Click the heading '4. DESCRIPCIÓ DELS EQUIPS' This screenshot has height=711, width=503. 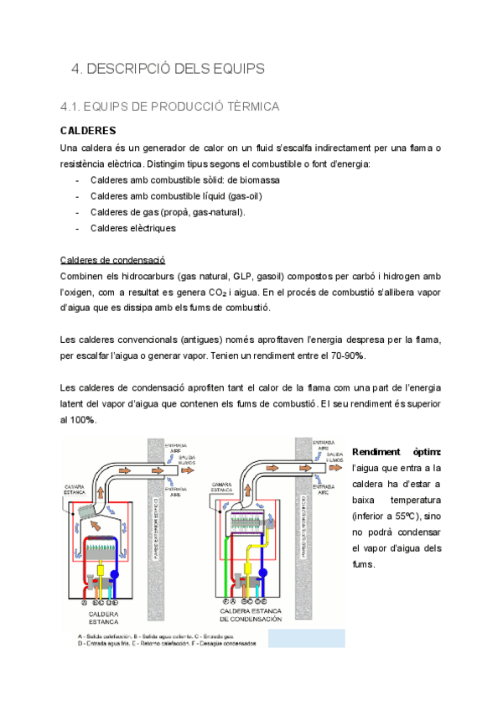click(x=168, y=68)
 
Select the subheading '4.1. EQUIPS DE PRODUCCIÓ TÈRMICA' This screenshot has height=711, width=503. click(x=170, y=107)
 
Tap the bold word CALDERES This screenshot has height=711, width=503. click(x=88, y=132)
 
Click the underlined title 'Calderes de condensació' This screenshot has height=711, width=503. click(x=113, y=260)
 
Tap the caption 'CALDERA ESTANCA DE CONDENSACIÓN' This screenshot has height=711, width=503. click(x=252, y=617)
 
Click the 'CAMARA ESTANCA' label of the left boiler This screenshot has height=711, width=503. click(x=76, y=489)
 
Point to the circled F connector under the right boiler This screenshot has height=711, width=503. click(x=225, y=601)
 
